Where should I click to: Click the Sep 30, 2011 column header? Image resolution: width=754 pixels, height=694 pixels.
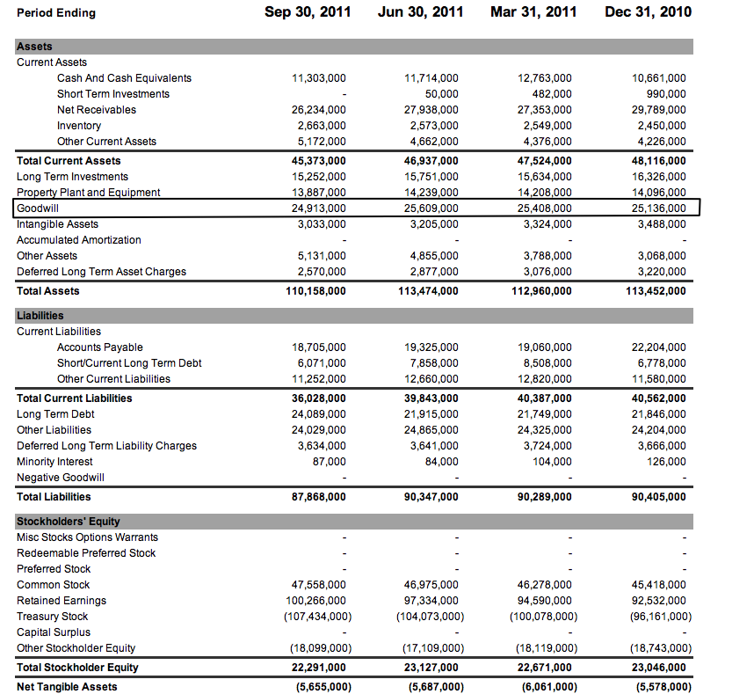click(x=308, y=12)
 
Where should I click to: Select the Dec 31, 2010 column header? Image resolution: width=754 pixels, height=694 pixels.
click(x=648, y=12)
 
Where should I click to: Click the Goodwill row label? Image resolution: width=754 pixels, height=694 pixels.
click(x=38, y=208)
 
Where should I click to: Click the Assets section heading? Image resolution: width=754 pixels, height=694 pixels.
click(x=34, y=47)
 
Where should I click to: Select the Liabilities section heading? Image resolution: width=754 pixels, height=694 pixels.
click(x=40, y=316)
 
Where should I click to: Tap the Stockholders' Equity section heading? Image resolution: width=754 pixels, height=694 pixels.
click(x=69, y=522)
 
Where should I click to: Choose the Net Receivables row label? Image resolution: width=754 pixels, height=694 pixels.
click(x=97, y=110)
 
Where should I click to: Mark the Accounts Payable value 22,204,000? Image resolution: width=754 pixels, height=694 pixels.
click(x=659, y=347)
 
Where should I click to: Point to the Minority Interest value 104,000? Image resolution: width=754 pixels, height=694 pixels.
click(x=551, y=462)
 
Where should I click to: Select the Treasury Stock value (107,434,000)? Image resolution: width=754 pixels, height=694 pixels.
click(x=317, y=617)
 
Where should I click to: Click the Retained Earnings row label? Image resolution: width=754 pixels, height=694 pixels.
click(x=62, y=601)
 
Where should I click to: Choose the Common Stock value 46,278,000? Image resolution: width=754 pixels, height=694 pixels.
click(x=545, y=585)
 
